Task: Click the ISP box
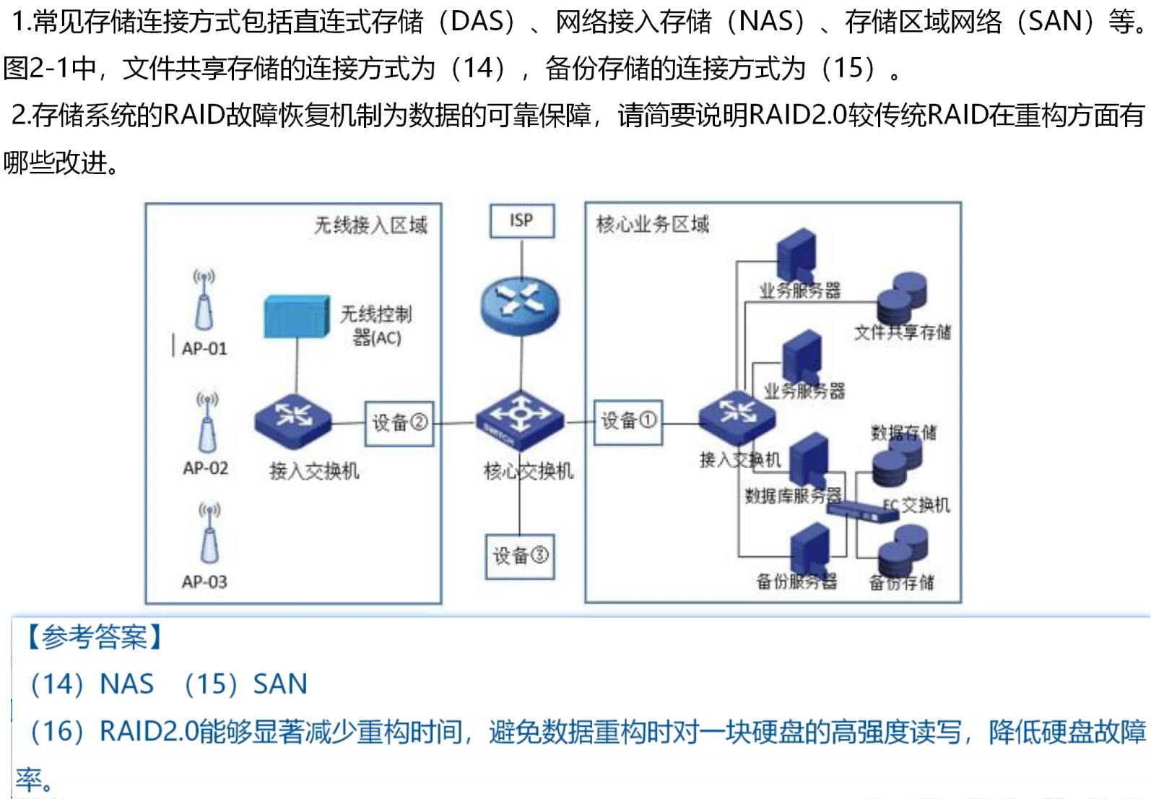[x=521, y=221]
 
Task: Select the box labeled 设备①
[x=627, y=422]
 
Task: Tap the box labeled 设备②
[x=399, y=423]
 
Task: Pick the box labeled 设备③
[x=520, y=556]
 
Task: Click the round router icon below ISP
[x=520, y=306]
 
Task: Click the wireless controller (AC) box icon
[x=296, y=316]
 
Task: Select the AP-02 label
[x=205, y=468]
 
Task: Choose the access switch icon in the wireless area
[x=293, y=419]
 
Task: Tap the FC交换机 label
[x=917, y=504]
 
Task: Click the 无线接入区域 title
[x=370, y=225]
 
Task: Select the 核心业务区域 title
[x=653, y=225]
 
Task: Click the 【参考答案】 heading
[x=93, y=638]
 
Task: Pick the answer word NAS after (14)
[x=127, y=684]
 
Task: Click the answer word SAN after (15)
[x=280, y=684]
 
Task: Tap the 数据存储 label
[x=903, y=433]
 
